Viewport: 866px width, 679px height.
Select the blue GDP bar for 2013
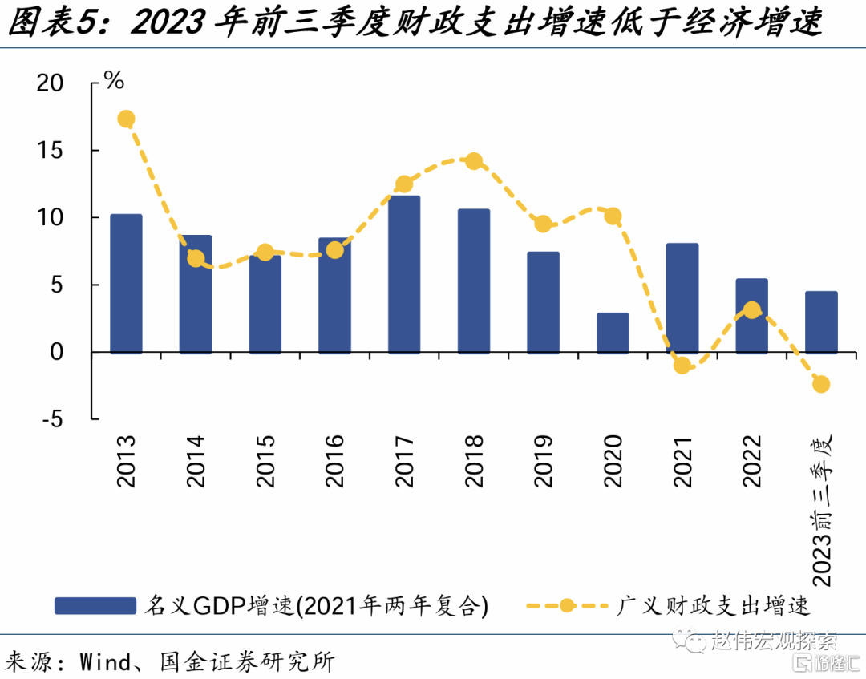click(126, 284)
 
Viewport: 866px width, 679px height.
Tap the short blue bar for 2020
click(613, 333)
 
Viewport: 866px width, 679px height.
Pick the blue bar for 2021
click(682, 298)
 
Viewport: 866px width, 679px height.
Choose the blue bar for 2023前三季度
click(821, 321)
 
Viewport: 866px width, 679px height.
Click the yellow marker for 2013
click(126, 119)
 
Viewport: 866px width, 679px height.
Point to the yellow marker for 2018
click(474, 161)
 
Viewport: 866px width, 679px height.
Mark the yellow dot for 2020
click(613, 216)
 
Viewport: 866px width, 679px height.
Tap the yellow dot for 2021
click(682, 366)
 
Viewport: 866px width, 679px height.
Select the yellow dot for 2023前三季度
click(821, 384)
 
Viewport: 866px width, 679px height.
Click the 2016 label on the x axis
click(334, 462)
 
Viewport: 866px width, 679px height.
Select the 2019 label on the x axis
click(543, 462)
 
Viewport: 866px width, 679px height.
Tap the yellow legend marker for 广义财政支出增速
click(567, 604)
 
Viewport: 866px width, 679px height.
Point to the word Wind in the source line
click(104, 662)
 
